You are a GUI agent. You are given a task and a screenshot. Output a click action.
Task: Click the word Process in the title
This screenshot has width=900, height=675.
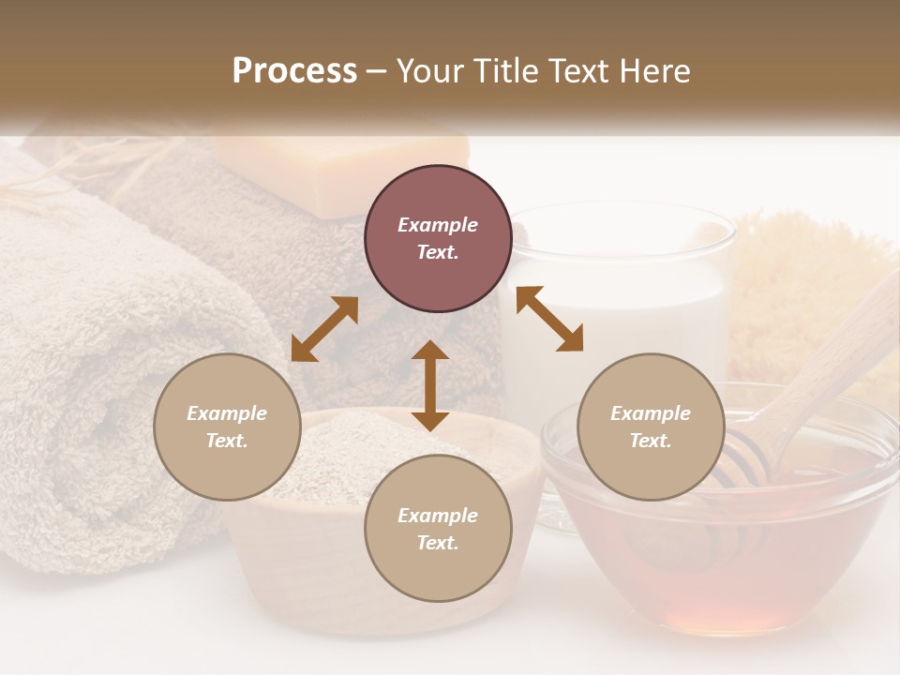[294, 71]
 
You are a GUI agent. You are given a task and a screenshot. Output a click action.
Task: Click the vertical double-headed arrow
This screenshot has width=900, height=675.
[430, 385]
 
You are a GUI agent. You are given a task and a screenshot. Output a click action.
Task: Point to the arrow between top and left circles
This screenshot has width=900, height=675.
[324, 329]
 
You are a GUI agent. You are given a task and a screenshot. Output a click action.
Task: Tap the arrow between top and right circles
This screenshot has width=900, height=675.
[549, 319]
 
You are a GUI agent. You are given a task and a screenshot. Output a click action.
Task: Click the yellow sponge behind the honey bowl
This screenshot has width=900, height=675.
[806, 281]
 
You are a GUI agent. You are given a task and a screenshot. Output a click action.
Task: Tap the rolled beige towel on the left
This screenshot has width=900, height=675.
[84, 375]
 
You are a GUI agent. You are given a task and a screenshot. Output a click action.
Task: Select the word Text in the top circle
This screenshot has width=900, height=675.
[437, 252]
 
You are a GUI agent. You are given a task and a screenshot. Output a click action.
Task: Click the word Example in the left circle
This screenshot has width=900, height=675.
[227, 413]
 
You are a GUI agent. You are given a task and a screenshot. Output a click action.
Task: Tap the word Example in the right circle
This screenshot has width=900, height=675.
[651, 413]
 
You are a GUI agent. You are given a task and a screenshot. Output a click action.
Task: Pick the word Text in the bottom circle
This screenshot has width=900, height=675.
[437, 543]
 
